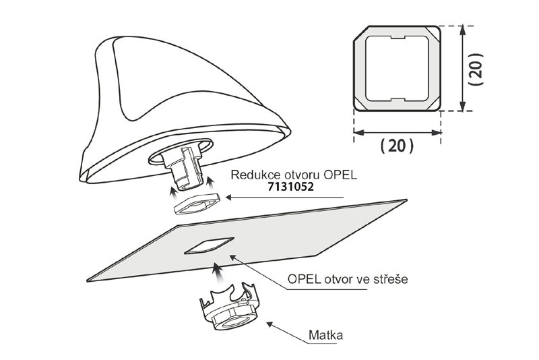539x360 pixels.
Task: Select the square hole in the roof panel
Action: (x=208, y=245)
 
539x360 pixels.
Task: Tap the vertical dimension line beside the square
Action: (x=462, y=69)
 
